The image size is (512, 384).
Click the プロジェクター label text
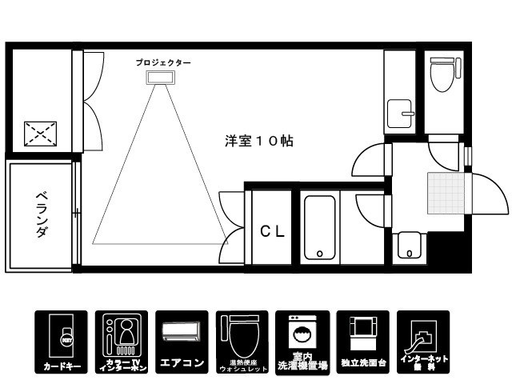click(x=162, y=62)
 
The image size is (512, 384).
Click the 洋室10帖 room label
click(x=258, y=141)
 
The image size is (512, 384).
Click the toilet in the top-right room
click(x=442, y=76)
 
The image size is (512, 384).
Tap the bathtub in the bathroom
click(x=320, y=227)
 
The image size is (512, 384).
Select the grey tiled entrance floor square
click(x=445, y=193)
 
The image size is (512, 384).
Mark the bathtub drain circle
click(x=320, y=254)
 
